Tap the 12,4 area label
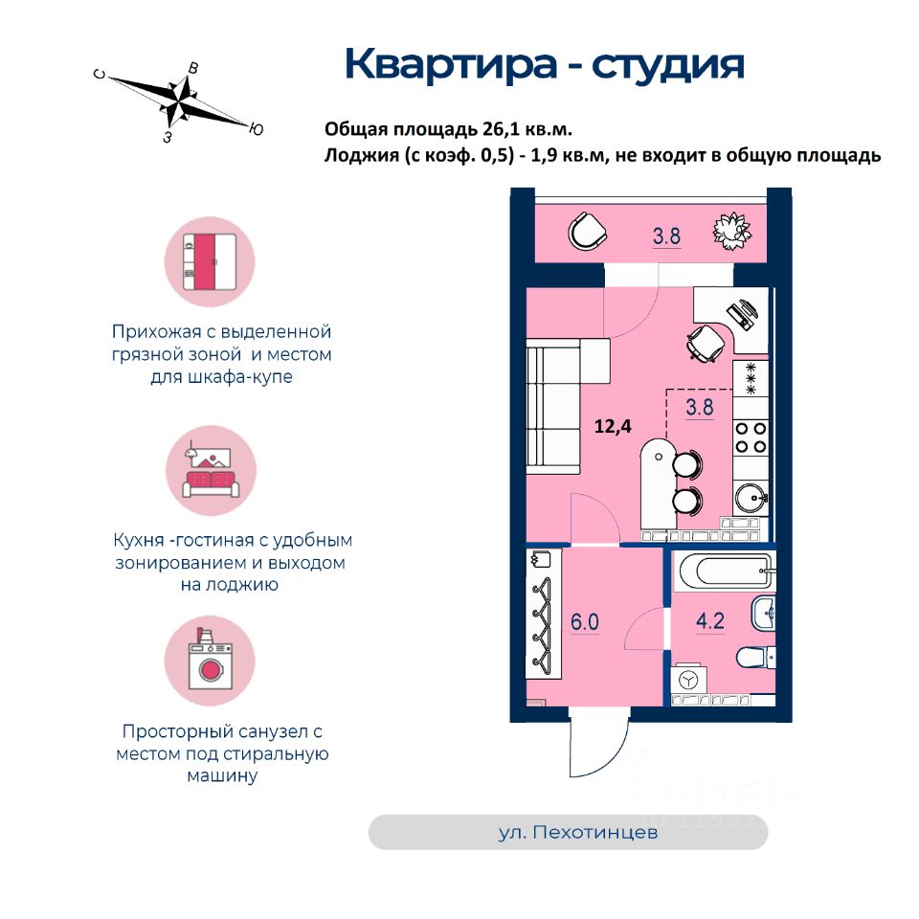pyautogui.click(x=615, y=428)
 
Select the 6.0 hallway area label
pyautogui.click(x=585, y=621)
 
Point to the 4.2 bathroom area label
pyautogui.click(x=709, y=621)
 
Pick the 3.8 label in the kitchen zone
pyautogui.click(x=700, y=407)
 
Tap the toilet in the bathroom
pyautogui.click(x=754, y=659)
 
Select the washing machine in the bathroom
pyautogui.click(x=688, y=681)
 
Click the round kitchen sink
pyautogui.click(x=751, y=498)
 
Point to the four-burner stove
pyautogui.click(x=751, y=437)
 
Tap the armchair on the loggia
pyautogui.click(x=585, y=230)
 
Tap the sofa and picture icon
pyautogui.click(x=211, y=471)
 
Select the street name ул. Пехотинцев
pyautogui.click(x=578, y=833)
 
